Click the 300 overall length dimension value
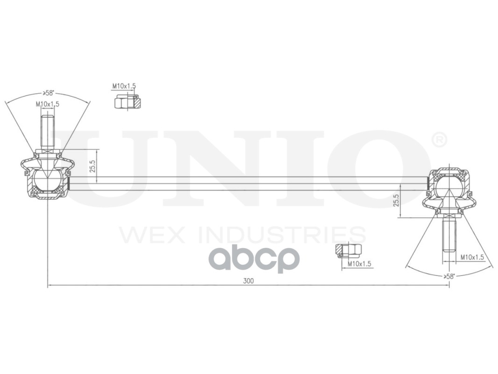[x=248, y=281]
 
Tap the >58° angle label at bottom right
[x=449, y=276]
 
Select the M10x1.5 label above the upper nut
[x=124, y=86]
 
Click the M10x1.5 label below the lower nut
[x=359, y=264]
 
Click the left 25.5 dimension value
[x=92, y=165]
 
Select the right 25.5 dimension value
[x=396, y=201]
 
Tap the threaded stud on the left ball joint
[x=48, y=131]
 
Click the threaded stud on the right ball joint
[x=449, y=235]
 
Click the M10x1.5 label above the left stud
[x=48, y=104]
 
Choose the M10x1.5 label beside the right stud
[x=472, y=257]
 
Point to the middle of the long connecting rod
[x=248, y=183]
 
